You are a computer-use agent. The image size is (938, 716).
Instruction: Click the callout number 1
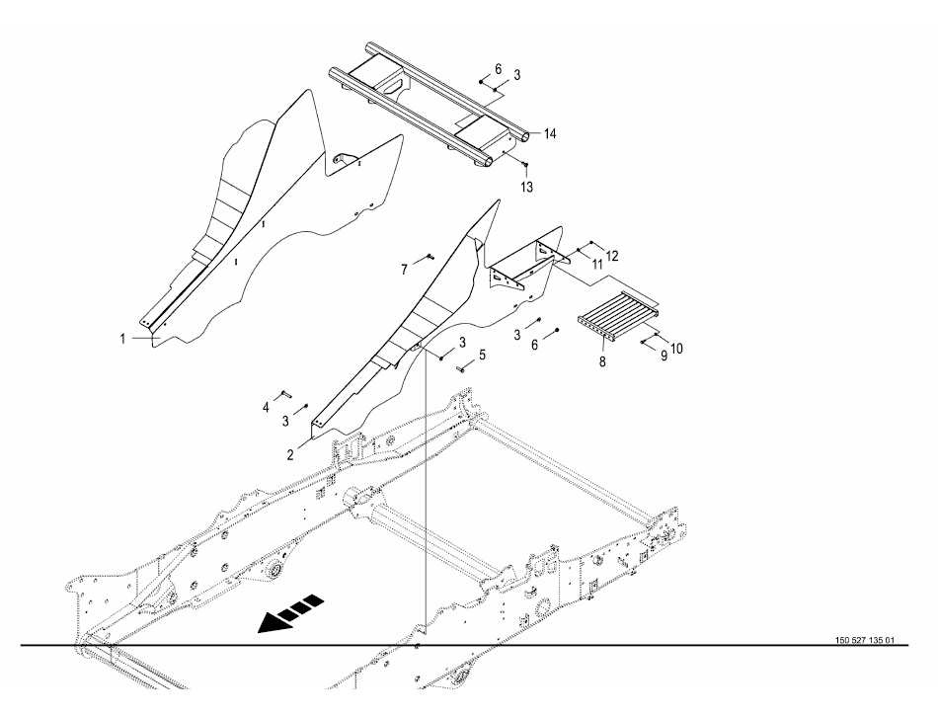tap(122, 339)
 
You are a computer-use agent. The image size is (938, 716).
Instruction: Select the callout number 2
tap(290, 455)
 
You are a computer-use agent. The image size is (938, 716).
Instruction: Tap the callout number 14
tap(550, 134)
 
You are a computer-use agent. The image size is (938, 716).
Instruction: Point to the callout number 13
tap(526, 188)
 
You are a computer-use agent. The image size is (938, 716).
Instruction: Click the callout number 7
tap(405, 271)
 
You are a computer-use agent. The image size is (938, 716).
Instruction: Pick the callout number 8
tap(602, 361)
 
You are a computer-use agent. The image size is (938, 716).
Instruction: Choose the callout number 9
tap(664, 356)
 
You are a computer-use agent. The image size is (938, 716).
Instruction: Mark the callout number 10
tap(676, 349)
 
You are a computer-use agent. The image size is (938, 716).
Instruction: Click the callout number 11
tap(598, 263)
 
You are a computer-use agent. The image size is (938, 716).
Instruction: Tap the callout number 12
tap(612, 256)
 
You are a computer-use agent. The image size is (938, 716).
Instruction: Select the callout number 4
tap(267, 408)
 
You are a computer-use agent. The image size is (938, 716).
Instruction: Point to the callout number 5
tap(482, 356)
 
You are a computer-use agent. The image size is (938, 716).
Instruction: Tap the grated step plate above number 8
tap(618, 314)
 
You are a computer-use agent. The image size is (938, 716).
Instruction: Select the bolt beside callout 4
tap(284, 394)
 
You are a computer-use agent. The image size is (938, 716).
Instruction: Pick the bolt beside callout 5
tap(463, 369)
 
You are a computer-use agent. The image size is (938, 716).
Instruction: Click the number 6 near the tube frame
tap(499, 69)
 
